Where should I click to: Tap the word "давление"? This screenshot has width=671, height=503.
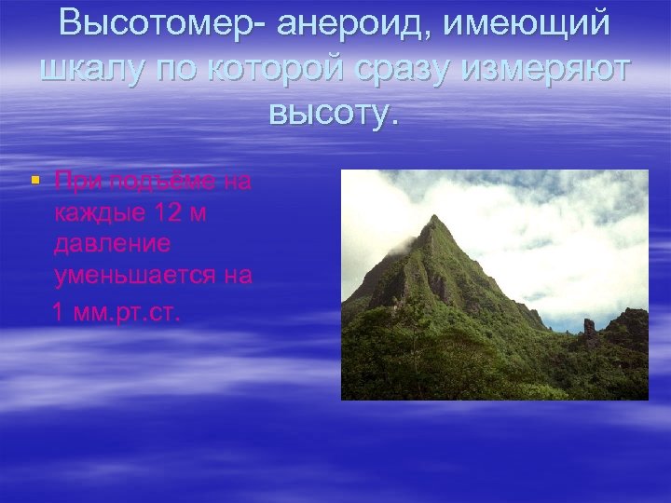click(x=112, y=245)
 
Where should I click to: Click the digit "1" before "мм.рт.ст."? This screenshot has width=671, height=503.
click(x=59, y=310)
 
